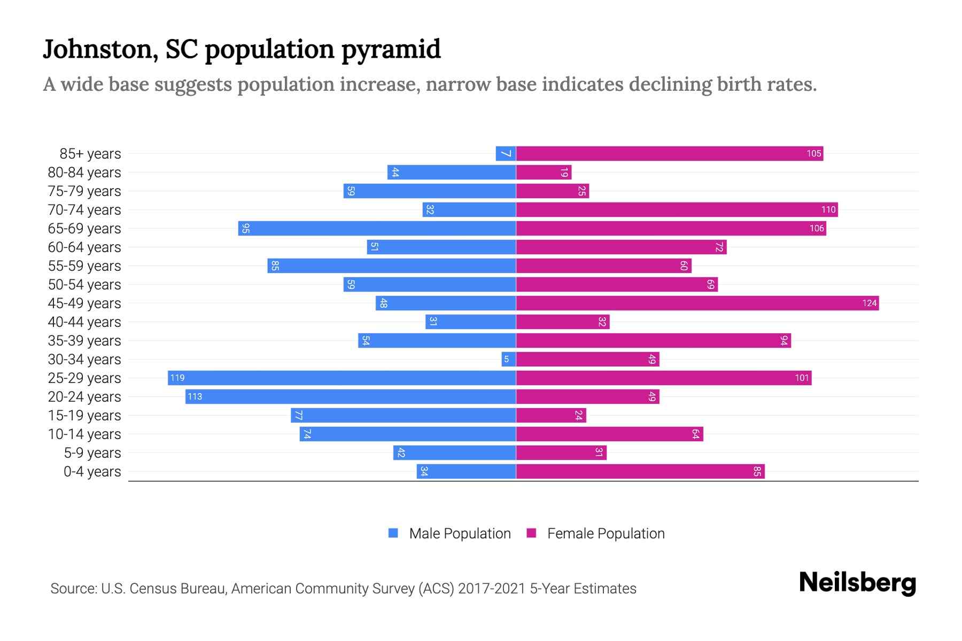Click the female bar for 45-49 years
tap(697, 303)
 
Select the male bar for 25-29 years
tap(342, 378)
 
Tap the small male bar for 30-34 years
tap(508, 359)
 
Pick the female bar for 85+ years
tap(669, 154)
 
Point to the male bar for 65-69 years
tap(377, 229)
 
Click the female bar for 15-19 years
tap(551, 416)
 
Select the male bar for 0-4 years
tap(466, 472)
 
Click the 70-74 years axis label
tap(84, 210)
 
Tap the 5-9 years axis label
tap(92, 453)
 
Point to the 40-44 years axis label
tap(84, 322)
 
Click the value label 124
tap(869, 303)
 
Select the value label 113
tap(195, 397)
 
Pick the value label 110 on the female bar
tap(828, 210)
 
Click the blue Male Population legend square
tap(393, 533)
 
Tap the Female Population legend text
tap(606, 534)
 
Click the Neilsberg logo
tap(857, 583)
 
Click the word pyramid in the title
tap(391, 50)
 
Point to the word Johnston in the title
tap(99, 49)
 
